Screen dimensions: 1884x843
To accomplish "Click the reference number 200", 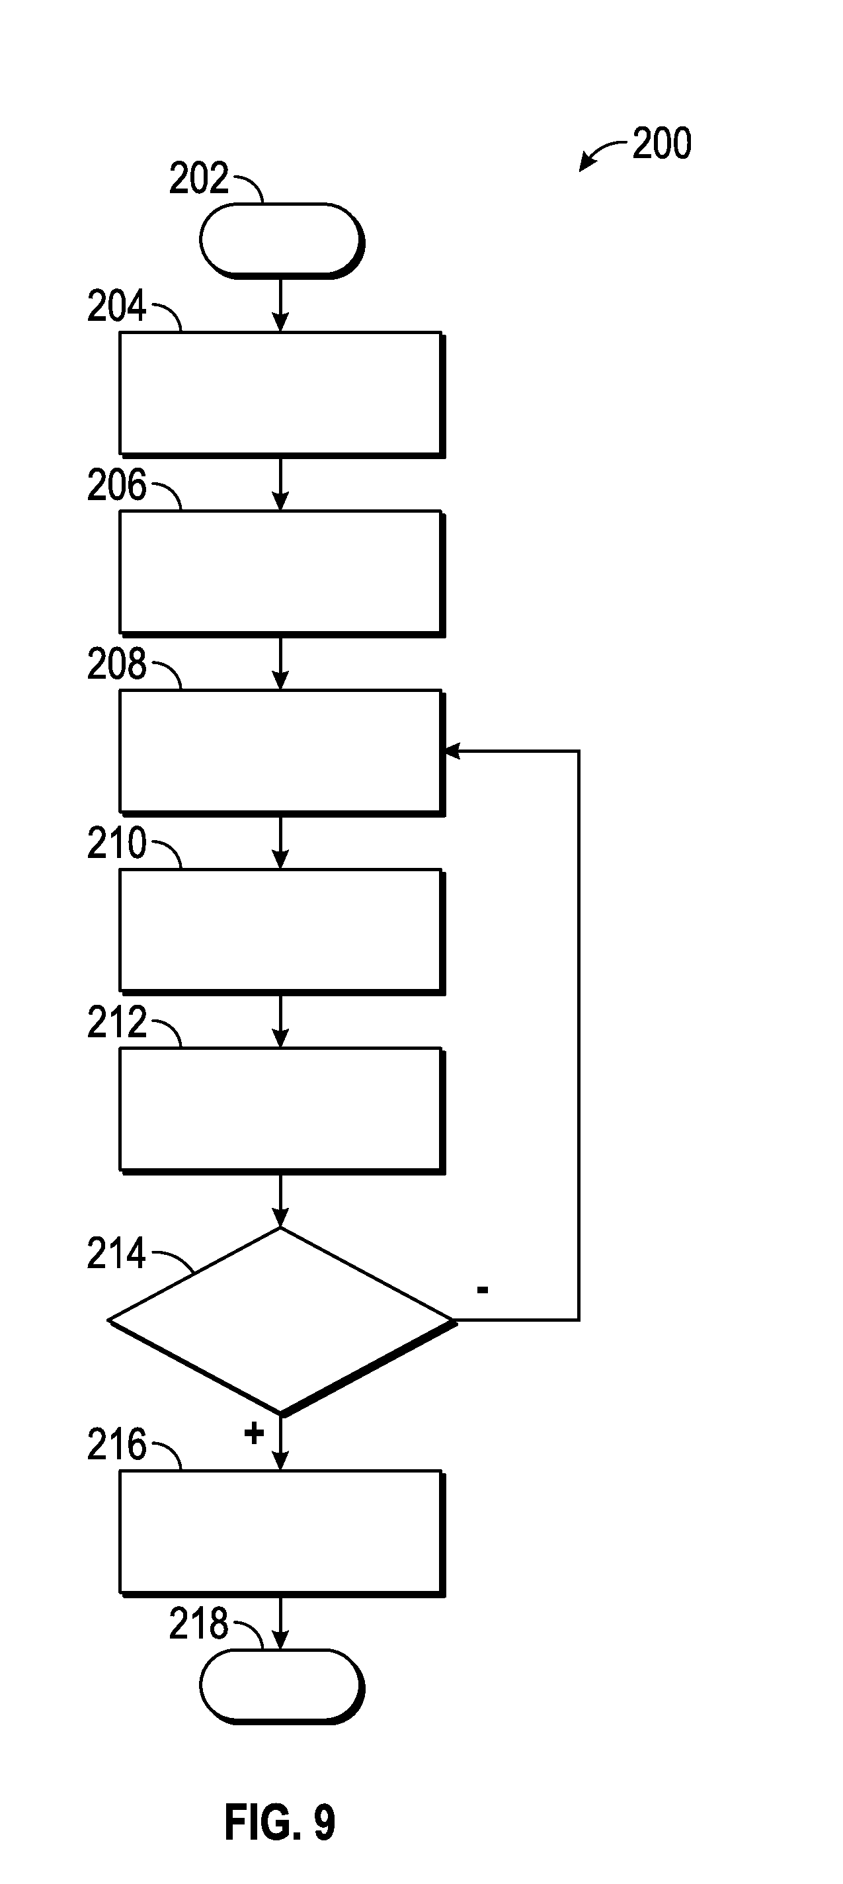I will tap(662, 144).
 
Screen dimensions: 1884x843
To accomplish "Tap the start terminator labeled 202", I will tap(281, 240).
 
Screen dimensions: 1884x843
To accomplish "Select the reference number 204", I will tap(116, 306).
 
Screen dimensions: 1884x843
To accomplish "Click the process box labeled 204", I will tap(281, 394).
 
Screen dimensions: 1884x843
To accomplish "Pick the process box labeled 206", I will tap(281, 572).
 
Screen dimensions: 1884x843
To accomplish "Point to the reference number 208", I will tap(116, 664).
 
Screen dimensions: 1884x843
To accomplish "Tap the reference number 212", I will tap(116, 1022).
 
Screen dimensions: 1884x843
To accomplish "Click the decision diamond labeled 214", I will tap(281, 1320).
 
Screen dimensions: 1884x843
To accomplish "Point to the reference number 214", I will tap(116, 1254).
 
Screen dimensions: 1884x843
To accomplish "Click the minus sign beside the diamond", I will tap(483, 1290).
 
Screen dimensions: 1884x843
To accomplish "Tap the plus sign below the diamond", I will tap(254, 1434).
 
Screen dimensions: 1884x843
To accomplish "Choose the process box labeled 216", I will tap(281, 1531).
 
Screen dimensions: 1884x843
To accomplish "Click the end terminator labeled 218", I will tap(281, 1686).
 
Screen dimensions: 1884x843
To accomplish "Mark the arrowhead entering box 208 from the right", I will tap(452, 751).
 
